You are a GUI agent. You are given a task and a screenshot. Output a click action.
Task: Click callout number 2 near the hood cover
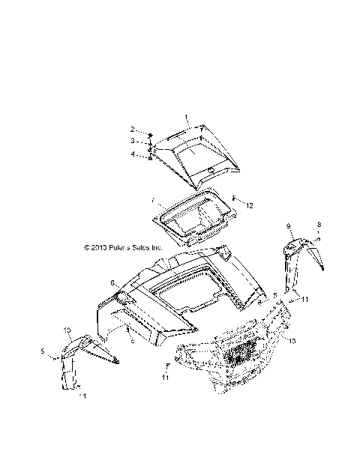pyautogui.click(x=132, y=129)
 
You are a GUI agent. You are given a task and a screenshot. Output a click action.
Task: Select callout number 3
pyautogui.click(x=132, y=140)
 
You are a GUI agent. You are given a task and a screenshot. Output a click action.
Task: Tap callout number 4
pyautogui.click(x=132, y=154)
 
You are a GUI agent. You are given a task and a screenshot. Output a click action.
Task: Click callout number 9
pyautogui.click(x=288, y=225)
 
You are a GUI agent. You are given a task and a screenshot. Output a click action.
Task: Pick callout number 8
pyautogui.click(x=319, y=224)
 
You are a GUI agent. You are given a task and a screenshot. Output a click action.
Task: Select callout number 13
pyautogui.click(x=292, y=341)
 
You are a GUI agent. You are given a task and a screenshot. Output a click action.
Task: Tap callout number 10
pyautogui.click(x=67, y=330)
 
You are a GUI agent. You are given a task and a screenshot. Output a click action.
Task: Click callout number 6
pyautogui.click(x=112, y=283)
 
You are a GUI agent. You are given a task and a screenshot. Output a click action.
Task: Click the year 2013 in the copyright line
pyautogui.click(x=100, y=246)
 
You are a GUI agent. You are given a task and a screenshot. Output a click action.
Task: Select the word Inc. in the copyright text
pyautogui.click(x=156, y=246)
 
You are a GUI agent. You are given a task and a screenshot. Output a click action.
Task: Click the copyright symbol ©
pyautogui.click(x=86, y=246)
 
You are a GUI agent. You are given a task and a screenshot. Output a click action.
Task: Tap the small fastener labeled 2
pyautogui.click(x=150, y=133)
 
